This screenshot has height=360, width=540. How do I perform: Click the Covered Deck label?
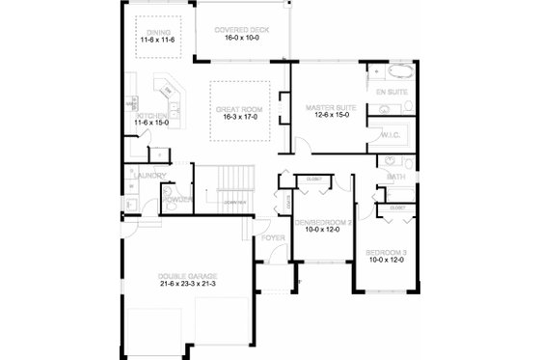pos(241,30)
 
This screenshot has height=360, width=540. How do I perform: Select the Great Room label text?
pos(235,107)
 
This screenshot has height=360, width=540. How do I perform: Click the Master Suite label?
pos(331,108)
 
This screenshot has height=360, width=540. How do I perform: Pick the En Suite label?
pos(391,91)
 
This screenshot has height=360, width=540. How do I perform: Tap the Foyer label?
pos(273,236)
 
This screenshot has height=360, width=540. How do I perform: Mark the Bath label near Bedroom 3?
pos(395,178)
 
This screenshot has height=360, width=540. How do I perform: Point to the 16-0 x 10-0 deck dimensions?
pos(241,40)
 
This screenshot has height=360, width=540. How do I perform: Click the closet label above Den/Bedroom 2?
pos(313,180)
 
